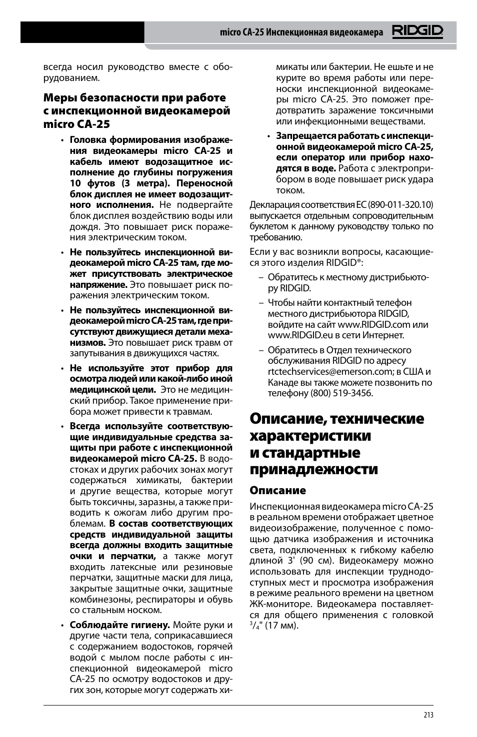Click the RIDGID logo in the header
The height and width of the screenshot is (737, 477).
[417, 32]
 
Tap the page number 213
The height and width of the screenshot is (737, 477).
[428, 715]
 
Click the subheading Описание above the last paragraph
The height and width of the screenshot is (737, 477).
[277, 490]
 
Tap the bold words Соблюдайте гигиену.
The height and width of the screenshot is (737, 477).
[120, 625]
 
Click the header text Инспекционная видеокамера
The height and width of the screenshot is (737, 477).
[324, 32]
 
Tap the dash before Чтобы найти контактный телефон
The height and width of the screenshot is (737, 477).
[261, 303]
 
